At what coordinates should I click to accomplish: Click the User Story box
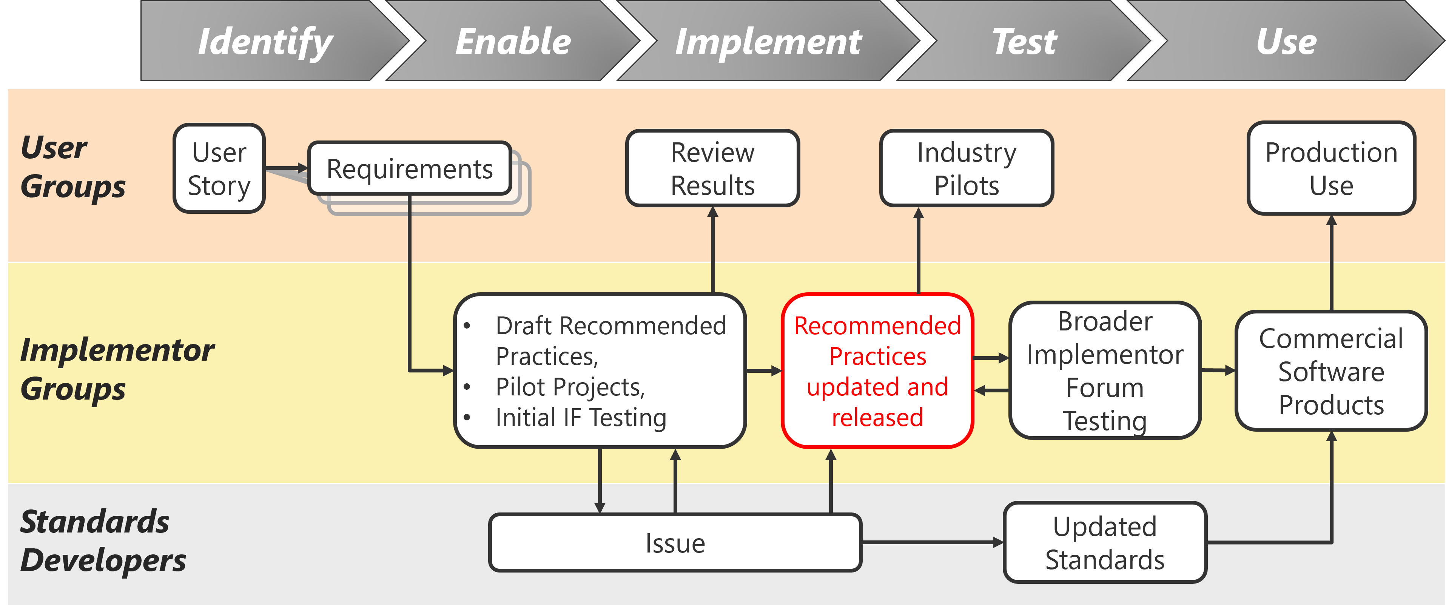click(219, 168)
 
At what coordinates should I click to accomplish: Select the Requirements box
click(410, 168)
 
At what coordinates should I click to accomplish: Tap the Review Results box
click(713, 168)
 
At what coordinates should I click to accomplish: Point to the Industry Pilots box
click(967, 168)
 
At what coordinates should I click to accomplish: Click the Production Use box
click(1332, 168)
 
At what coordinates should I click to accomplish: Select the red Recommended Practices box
click(877, 371)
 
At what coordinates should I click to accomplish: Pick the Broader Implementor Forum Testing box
click(1105, 371)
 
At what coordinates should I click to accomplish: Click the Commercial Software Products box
click(1332, 371)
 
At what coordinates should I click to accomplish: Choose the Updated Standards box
click(1105, 543)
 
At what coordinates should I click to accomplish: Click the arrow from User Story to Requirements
click(286, 168)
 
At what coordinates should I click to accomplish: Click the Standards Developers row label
click(103, 541)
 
